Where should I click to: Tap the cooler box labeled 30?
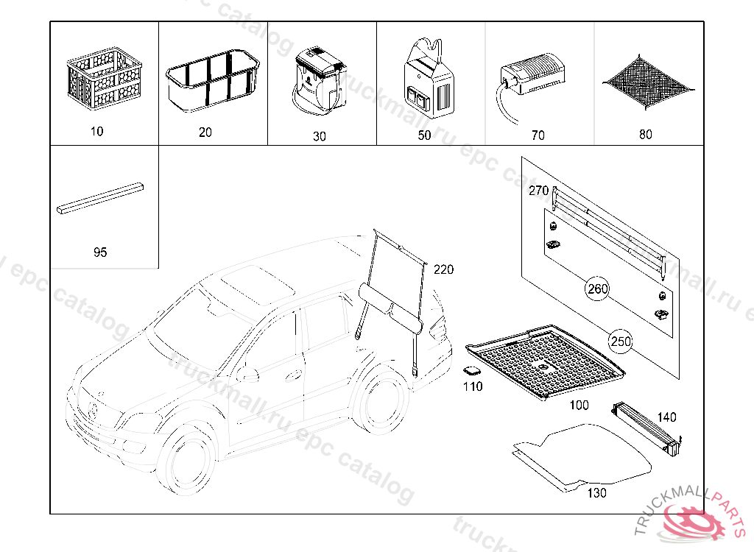pos(320,81)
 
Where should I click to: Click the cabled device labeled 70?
pos(533,77)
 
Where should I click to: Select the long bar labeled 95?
pos(101,198)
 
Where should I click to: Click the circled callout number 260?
pos(598,289)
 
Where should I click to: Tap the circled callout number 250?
pos(620,342)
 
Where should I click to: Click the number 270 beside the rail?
pos(539,191)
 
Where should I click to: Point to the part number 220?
pos(443,269)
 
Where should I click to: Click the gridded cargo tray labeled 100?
pos(545,361)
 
